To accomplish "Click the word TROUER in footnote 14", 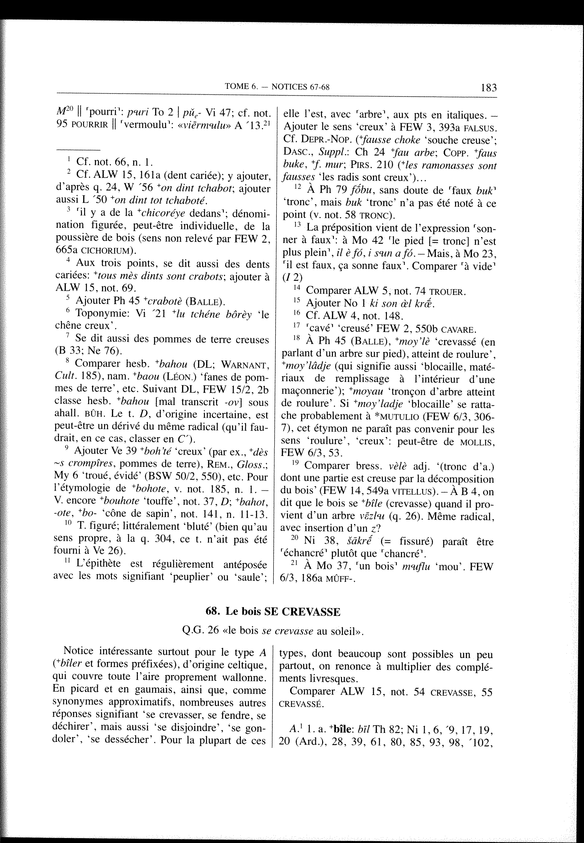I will pyautogui.click(x=447, y=292).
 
